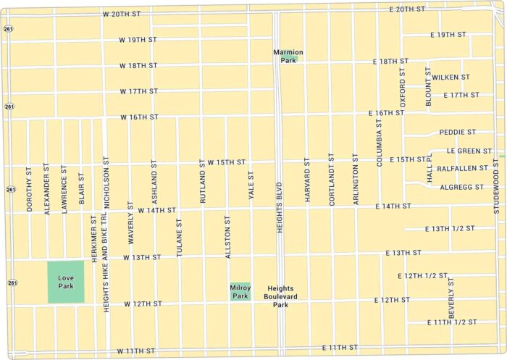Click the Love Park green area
(x=66, y=282)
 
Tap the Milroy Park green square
(x=240, y=291)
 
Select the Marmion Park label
(x=288, y=56)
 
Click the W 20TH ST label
(x=122, y=14)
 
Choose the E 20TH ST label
(x=407, y=9)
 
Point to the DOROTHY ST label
(x=30, y=191)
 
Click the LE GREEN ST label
(x=469, y=151)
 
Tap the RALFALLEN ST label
(x=462, y=168)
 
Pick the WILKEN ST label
(x=451, y=77)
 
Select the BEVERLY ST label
(x=451, y=298)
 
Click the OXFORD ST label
(x=403, y=86)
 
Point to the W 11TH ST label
(x=135, y=351)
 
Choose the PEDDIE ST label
(x=457, y=133)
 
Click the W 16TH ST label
(x=139, y=117)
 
